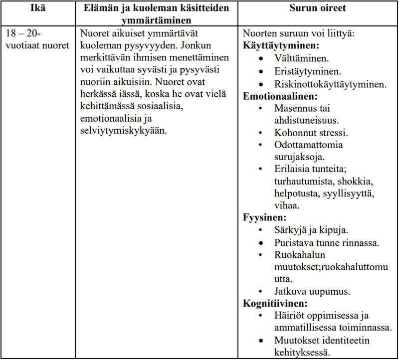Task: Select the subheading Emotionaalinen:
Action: click(280, 96)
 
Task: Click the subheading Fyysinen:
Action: click(264, 217)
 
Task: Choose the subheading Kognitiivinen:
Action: click(275, 303)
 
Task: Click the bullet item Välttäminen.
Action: click(301, 59)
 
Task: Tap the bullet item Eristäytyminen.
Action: click(308, 71)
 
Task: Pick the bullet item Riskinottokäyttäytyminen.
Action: click(330, 84)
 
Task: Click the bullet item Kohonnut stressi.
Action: click(311, 133)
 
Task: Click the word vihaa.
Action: click(286, 205)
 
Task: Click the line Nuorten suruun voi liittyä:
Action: click(298, 33)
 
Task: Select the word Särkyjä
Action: click(290, 230)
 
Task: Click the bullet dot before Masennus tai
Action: click(261, 108)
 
